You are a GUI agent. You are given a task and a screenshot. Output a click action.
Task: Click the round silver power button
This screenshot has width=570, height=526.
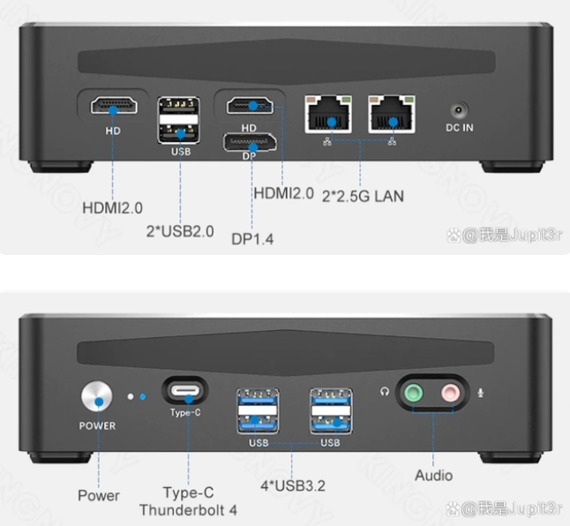point(97,396)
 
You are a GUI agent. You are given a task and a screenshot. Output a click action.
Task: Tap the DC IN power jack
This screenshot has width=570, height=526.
point(459,109)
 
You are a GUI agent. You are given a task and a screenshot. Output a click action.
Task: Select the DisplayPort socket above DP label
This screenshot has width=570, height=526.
point(250,142)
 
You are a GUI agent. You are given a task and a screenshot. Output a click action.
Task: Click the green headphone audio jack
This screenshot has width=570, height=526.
point(413,393)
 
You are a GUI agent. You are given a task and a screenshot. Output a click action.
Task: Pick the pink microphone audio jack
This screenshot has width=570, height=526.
point(450,393)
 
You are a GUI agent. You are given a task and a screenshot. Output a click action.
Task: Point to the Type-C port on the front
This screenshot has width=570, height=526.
point(185,391)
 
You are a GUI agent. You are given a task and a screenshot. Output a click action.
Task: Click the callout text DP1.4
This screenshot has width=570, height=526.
point(252,239)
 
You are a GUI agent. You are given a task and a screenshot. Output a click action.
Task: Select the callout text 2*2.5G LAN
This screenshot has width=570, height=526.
point(363,196)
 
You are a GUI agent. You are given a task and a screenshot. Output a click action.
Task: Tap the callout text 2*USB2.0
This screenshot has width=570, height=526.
point(180,231)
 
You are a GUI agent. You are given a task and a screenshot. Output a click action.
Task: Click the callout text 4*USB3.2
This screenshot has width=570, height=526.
point(293,485)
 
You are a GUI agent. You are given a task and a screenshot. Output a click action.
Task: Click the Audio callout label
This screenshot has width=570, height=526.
point(434,476)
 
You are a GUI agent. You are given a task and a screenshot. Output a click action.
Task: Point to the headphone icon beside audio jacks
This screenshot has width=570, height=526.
point(385,392)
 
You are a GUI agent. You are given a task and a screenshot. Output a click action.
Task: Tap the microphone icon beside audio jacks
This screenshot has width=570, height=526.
point(481,393)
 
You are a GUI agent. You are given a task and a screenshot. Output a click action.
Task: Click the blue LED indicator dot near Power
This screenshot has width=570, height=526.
point(143,396)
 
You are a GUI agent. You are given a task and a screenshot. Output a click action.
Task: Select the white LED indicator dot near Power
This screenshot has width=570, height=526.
point(131,396)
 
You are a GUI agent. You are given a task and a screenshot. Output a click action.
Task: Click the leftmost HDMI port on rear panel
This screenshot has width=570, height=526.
point(114,105)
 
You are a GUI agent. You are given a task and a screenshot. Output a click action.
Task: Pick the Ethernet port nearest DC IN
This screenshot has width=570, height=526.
point(392,115)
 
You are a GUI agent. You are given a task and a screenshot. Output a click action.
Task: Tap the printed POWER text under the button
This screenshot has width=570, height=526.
point(97,425)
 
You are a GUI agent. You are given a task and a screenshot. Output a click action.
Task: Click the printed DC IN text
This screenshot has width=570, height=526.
point(460,128)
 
